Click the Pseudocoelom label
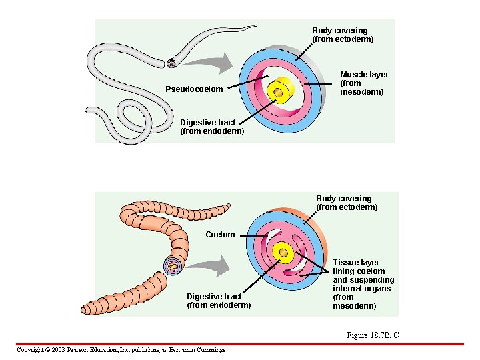tap(194, 89)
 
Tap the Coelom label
tap(220, 235)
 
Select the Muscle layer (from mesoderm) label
tap(363, 83)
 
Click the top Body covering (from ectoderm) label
tap(343, 35)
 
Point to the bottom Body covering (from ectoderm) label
tap(346, 203)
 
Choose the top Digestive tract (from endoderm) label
tap(212, 127)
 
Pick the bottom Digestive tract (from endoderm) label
tap(219, 301)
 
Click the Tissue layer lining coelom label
tap(363, 284)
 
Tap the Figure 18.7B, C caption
tap(373, 335)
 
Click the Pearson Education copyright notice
tap(121, 350)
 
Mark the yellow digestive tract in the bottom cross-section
tap(285, 253)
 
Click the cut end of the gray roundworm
tap(171, 64)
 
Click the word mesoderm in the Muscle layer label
tap(362, 92)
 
